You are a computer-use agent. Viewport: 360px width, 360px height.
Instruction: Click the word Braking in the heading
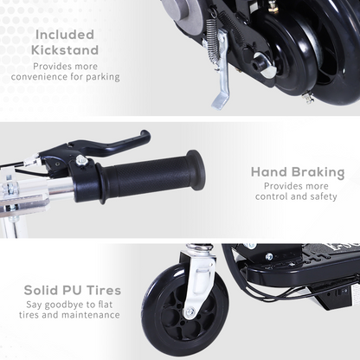312,171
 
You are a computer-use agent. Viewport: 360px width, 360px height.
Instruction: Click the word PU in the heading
80,290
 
